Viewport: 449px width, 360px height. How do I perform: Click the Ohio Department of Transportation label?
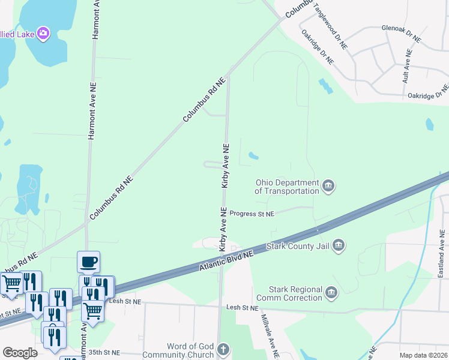pos(287,187)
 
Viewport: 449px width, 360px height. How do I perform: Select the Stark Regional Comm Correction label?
pos(288,293)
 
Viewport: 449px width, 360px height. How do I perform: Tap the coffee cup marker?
pos(88,262)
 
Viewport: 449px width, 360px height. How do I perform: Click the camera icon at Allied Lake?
pos(43,33)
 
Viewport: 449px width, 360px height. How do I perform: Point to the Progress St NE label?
pos(252,214)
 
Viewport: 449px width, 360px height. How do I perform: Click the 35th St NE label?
pos(104,353)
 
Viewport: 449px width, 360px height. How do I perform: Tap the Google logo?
pos(20,353)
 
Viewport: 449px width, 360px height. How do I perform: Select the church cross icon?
pos(223,350)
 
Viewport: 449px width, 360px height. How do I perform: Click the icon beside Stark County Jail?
pos(339,245)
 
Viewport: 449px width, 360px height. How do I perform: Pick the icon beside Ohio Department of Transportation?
pos(328,187)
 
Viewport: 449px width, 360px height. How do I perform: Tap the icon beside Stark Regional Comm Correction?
pos(331,293)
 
